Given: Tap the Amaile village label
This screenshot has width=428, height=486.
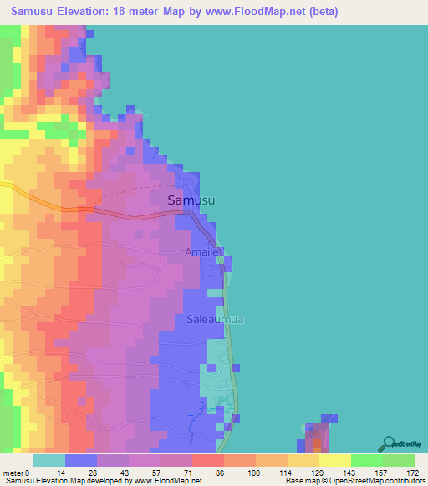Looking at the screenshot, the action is click(x=201, y=251).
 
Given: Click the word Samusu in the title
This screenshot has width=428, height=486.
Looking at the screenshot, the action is click(x=36, y=10).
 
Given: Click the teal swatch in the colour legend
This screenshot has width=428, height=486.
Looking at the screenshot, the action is click(x=49, y=460).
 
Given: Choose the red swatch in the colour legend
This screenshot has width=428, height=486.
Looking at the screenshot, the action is click(x=208, y=460).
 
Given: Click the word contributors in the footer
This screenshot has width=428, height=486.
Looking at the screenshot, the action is click(x=404, y=481).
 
